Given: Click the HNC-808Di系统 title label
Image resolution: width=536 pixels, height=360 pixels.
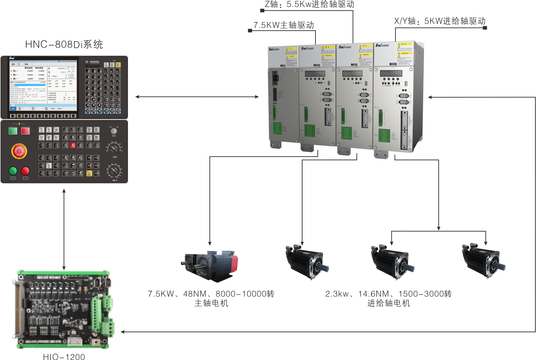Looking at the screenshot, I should pyautogui.click(x=64, y=44).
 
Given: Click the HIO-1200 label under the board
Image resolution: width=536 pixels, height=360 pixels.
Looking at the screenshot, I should pyautogui.click(x=64, y=357).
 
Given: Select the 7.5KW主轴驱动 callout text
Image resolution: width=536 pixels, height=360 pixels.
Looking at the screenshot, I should pyautogui.click(x=284, y=25).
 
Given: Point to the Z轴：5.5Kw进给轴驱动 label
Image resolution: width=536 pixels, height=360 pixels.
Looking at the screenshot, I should pyautogui.click(x=309, y=4).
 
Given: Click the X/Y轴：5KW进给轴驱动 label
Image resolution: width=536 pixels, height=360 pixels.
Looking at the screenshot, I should pyautogui.click(x=440, y=21).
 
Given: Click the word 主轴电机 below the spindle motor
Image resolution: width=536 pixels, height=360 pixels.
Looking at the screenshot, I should pyautogui.click(x=211, y=303).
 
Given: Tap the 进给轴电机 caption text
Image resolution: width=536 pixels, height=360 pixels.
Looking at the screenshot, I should pyautogui.click(x=389, y=303).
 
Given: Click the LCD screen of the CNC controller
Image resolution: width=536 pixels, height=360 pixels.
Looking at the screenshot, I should pyautogui.click(x=43, y=85).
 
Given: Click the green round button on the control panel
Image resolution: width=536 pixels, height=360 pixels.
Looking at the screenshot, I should pyautogui.click(x=13, y=170).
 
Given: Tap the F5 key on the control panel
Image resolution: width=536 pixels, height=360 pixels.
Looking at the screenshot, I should pyautogui.click(x=97, y=173).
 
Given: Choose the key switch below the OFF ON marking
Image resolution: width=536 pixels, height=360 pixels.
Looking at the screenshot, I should pyautogui.click(x=114, y=131).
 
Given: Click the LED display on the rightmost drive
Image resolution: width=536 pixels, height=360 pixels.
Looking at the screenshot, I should pyautogui.click(x=391, y=74).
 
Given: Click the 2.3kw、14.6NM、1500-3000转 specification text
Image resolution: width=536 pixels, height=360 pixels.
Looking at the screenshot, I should pyautogui.click(x=389, y=294).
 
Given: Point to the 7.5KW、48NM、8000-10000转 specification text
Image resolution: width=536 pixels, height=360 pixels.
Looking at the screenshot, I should pyautogui.click(x=211, y=294).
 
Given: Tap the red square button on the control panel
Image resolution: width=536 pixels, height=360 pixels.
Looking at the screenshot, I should pyautogui.click(x=26, y=131).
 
